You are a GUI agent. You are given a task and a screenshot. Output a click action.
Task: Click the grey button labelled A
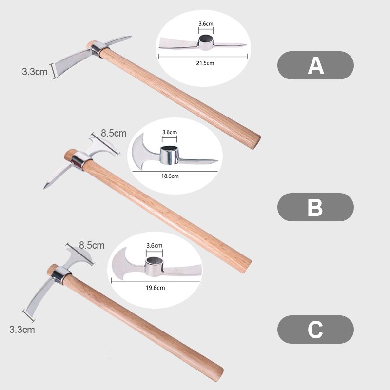(315, 65)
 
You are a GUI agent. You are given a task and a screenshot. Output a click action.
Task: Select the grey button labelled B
(315, 207)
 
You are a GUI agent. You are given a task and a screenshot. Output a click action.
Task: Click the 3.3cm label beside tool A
(35, 72)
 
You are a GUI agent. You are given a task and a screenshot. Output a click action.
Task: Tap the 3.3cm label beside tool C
(22, 330)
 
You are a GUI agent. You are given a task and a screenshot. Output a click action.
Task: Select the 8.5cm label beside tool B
(114, 133)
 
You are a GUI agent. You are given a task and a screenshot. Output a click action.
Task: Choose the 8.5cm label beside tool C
(92, 245)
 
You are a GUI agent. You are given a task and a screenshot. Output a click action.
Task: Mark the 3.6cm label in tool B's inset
(170, 132)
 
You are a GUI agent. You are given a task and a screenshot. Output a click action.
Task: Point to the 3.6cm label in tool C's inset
(154, 245)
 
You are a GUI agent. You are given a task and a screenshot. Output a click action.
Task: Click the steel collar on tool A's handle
(99, 48)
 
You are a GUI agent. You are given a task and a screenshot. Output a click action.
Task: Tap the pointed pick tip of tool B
(45, 187)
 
